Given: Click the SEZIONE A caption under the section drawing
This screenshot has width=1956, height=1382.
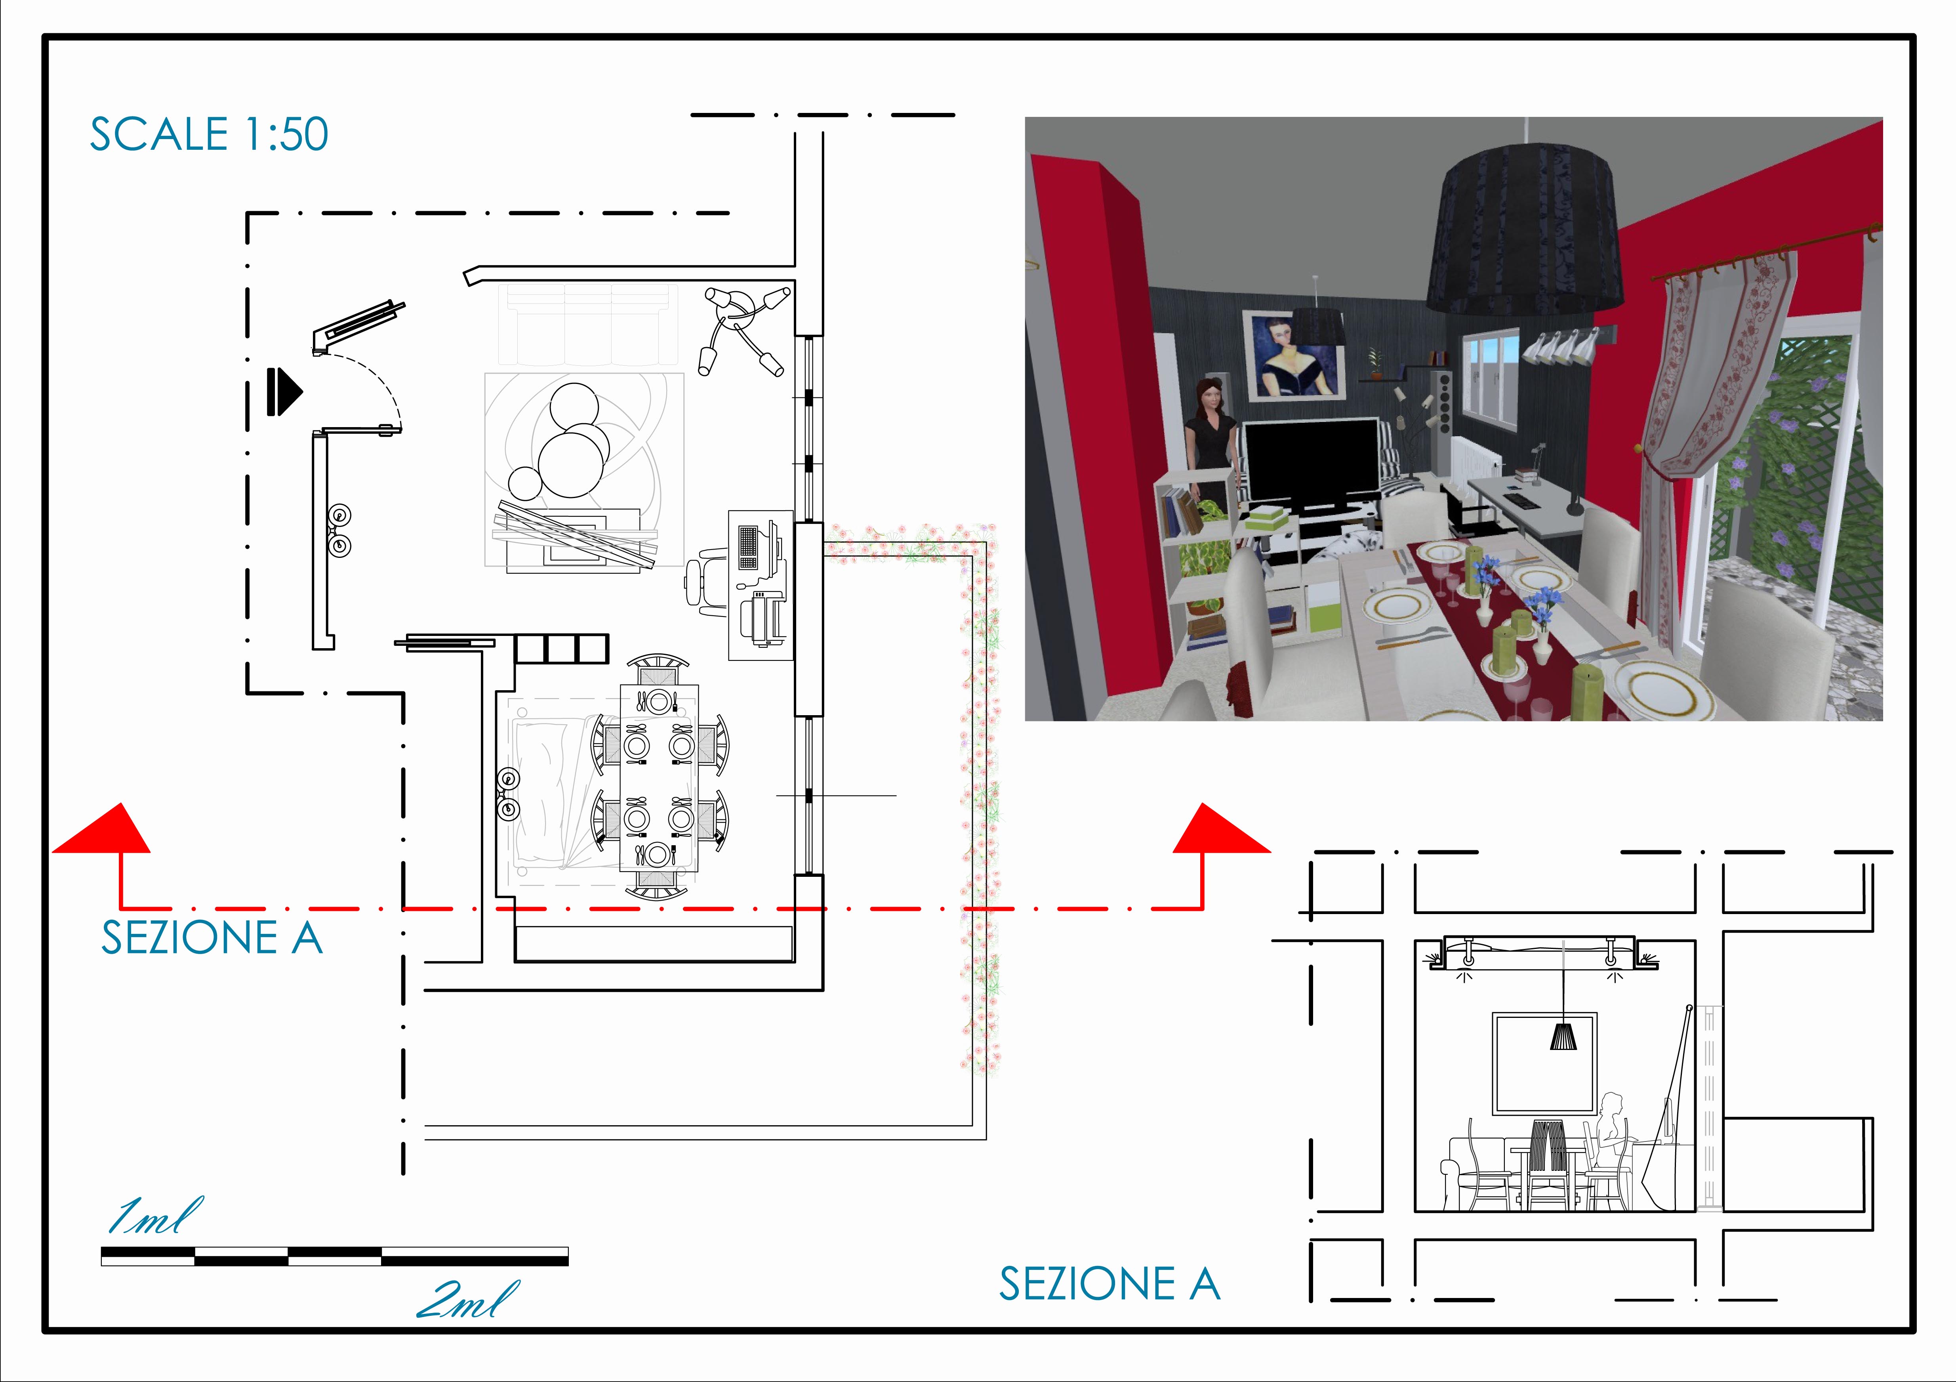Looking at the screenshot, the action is coord(1109,1284).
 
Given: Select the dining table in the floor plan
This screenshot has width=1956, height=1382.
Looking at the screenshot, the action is coord(658,777).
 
